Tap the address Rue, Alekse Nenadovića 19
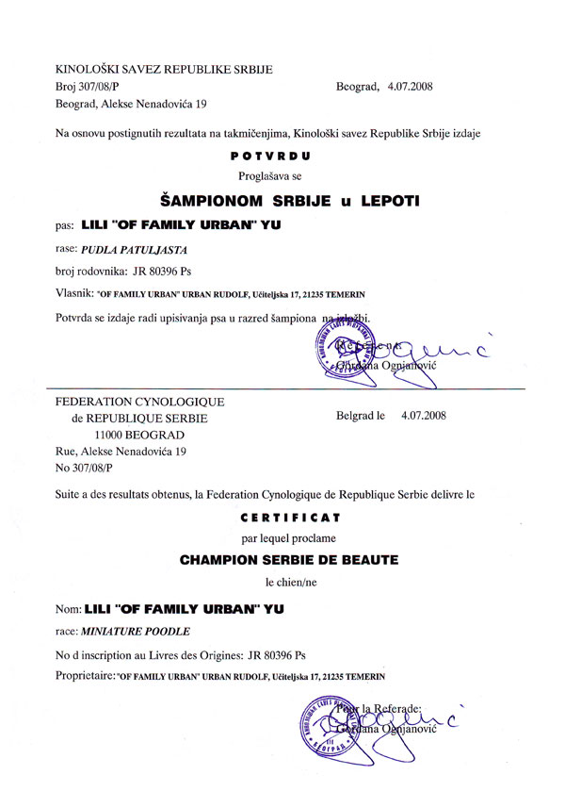tap(121, 453)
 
